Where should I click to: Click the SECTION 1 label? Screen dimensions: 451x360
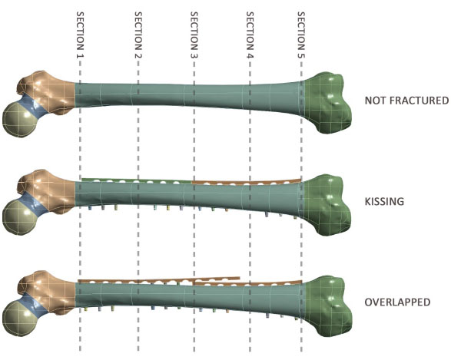click(80, 35)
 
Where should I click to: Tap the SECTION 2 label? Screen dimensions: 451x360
click(138, 35)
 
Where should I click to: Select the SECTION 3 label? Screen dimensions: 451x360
click(194, 35)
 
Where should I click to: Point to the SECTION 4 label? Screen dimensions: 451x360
click(250, 35)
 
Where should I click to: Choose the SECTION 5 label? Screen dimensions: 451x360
click(301, 35)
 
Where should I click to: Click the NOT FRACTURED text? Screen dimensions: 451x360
click(406, 101)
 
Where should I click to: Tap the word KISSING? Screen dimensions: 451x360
click(384, 201)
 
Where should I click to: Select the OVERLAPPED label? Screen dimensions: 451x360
click(397, 302)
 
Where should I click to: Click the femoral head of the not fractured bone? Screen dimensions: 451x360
click(19, 120)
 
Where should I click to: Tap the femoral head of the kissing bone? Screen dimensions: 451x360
click(19, 218)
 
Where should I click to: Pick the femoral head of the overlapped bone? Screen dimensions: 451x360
click(19, 319)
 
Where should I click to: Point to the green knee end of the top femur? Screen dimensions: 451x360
click(328, 103)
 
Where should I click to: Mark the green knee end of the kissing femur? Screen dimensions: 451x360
click(328, 205)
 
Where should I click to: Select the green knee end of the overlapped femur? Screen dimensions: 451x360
click(328, 306)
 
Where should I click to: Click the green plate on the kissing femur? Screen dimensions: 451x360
click(137, 180)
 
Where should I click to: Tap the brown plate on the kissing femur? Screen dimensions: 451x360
click(247, 182)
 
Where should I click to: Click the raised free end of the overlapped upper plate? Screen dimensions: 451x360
click(239, 278)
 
